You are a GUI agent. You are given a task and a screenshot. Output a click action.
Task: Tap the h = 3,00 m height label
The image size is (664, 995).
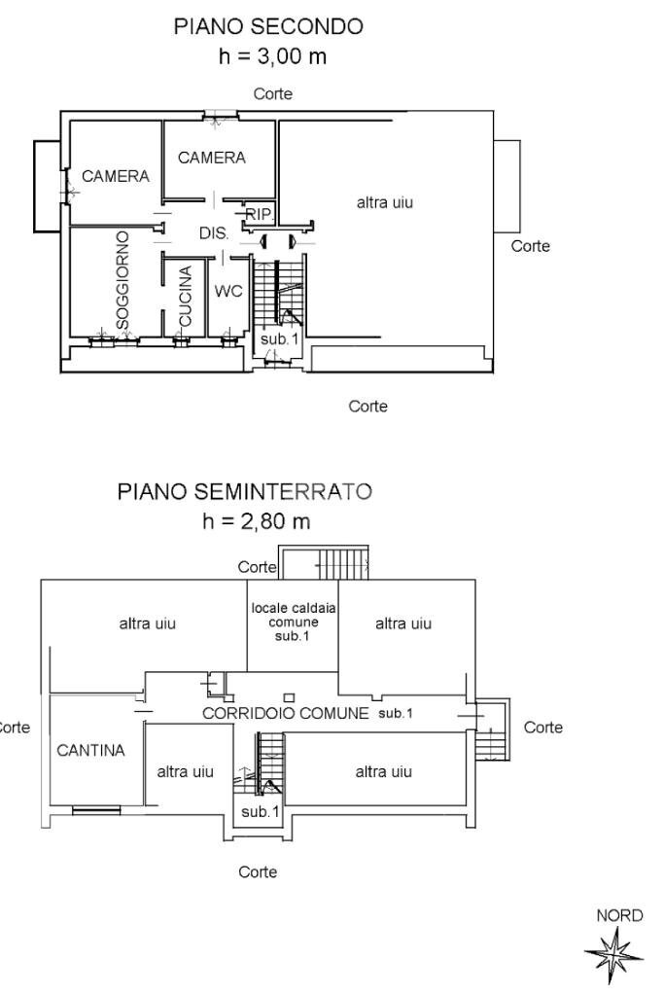[x=273, y=57]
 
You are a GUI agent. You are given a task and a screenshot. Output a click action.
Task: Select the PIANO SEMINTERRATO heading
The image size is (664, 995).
[x=244, y=492]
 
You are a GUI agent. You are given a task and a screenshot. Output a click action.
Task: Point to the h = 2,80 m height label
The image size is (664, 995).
[x=256, y=522]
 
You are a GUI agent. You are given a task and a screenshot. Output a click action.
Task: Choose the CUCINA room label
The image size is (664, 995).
[x=186, y=296]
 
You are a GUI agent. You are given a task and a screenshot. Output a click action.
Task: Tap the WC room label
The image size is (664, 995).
[x=227, y=291]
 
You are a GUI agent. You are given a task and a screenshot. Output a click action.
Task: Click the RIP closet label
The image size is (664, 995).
[x=259, y=214]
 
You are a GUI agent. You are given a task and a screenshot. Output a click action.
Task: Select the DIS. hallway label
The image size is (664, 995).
[x=214, y=233]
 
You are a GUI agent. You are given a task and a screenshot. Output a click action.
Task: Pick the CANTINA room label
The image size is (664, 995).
[x=90, y=750]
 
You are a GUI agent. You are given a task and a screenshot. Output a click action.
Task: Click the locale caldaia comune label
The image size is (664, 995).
[x=294, y=622]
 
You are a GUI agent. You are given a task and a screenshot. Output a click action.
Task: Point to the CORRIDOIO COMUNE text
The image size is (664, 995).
[x=285, y=713]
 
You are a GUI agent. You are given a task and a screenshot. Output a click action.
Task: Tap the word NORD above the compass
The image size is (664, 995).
[x=619, y=916]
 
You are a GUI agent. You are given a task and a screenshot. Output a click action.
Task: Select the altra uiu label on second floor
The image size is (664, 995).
[x=385, y=202]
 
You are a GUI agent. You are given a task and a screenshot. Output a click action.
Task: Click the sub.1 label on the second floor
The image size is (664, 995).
[x=278, y=338]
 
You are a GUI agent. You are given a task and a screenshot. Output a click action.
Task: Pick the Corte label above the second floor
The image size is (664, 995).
[x=273, y=94]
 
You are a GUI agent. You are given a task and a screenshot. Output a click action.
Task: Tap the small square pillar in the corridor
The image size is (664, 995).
[x=288, y=696]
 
